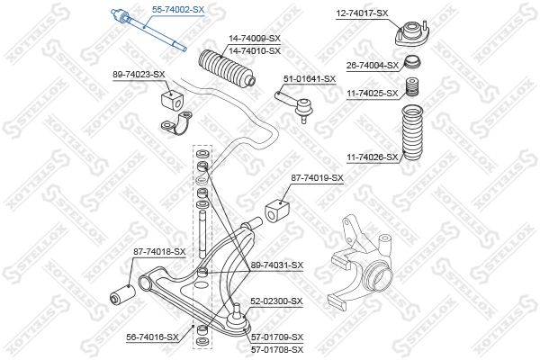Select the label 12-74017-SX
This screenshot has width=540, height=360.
pos(362,13)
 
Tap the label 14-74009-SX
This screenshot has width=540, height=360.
pos(254,39)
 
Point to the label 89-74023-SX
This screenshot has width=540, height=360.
pos(139,74)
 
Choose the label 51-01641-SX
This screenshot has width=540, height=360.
pos(310,79)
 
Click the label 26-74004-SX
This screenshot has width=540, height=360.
pos(373,66)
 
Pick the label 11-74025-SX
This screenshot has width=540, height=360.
pos(373,93)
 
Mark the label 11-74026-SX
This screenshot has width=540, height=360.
pos(373,157)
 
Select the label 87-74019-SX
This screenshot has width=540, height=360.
pos(317,178)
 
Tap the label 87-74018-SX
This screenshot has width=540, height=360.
pos(158,252)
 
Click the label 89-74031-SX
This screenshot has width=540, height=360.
pos(277,265)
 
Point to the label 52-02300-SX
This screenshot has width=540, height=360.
pos(276,301)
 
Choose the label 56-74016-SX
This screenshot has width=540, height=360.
pos(152,337)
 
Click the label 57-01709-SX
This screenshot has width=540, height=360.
pos(276,337)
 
